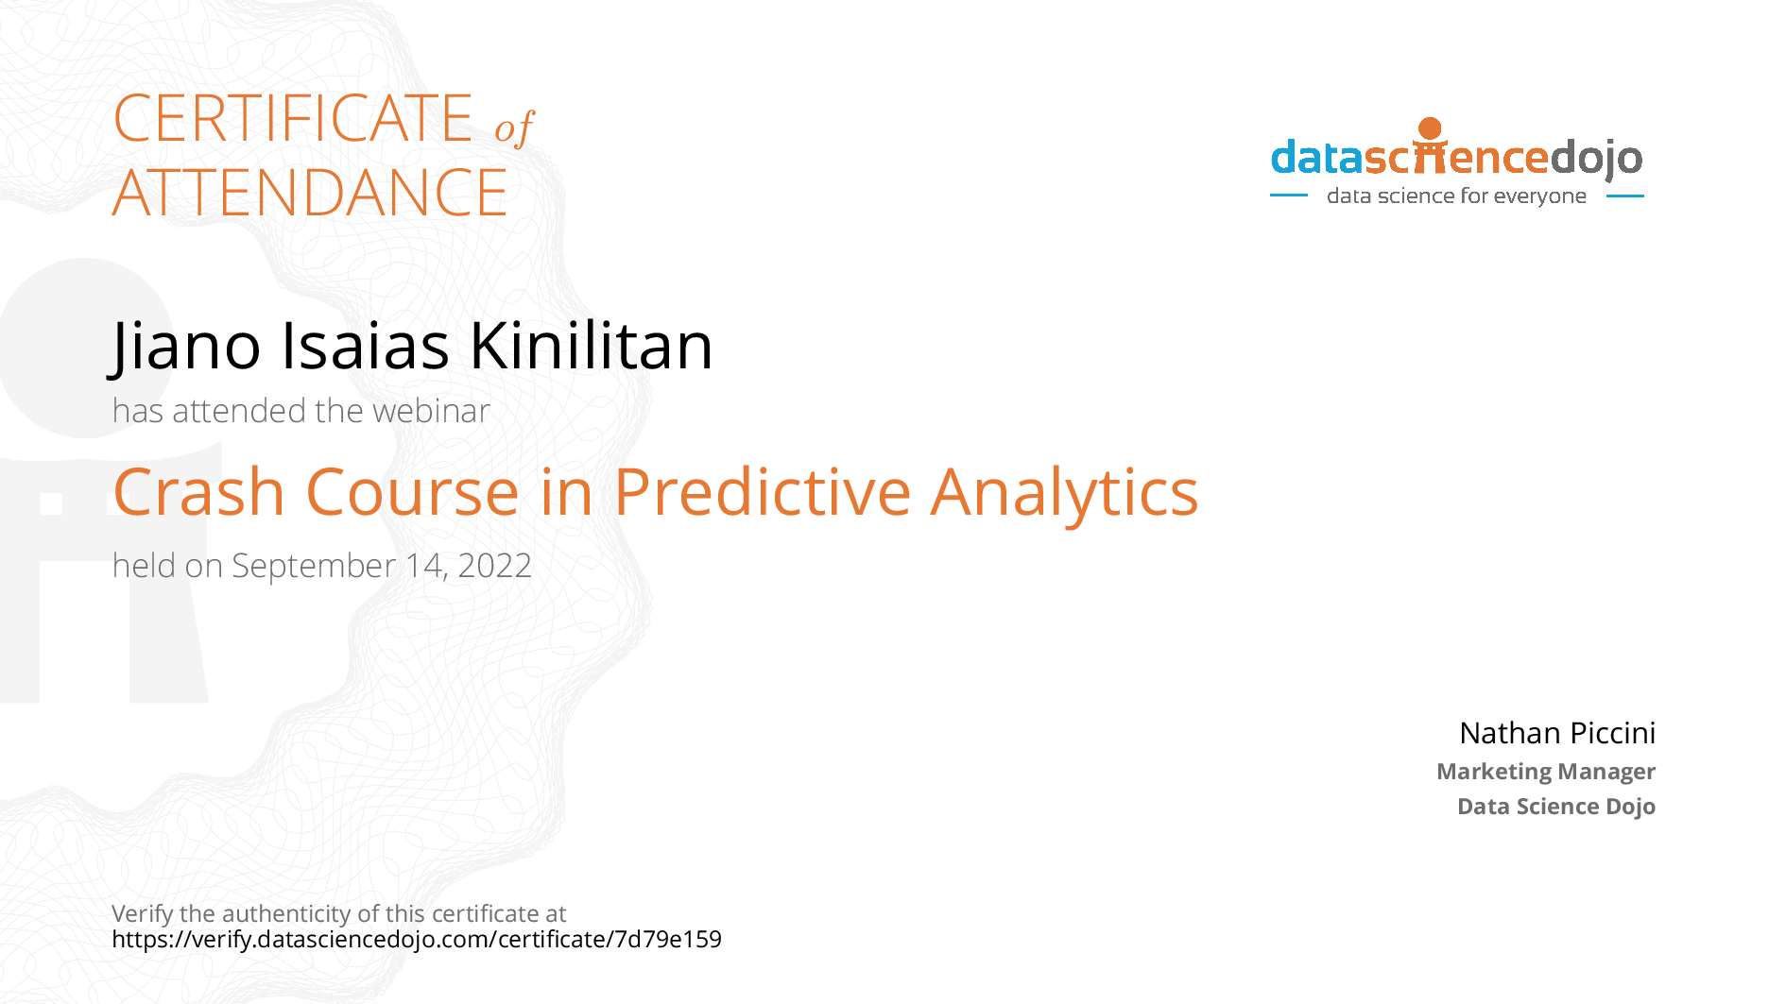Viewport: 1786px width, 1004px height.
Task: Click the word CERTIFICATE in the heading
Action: (x=293, y=119)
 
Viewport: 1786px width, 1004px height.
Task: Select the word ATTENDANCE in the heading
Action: (x=310, y=193)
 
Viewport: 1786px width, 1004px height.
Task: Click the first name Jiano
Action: (x=184, y=346)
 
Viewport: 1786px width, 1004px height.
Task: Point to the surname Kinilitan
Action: (x=592, y=345)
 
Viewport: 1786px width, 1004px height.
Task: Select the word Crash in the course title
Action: (x=198, y=492)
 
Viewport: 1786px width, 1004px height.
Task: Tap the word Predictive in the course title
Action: (x=763, y=492)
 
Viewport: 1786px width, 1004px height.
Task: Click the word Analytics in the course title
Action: (x=1064, y=494)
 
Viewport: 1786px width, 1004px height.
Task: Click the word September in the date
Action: (x=314, y=567)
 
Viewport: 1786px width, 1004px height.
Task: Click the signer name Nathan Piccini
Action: (x=1557, y=733)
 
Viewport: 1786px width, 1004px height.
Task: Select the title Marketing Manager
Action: (x=1546, y=772)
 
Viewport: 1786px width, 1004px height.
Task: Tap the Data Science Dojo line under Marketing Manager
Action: (x=1556, y=807)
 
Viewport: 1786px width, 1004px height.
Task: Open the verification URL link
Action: (x=417, y=940)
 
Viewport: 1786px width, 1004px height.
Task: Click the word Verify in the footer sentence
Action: (x=143, y=914)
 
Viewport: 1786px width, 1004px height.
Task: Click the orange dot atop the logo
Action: (x=1431, y=128)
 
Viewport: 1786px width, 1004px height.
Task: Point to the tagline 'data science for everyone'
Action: (x=1456, y=196)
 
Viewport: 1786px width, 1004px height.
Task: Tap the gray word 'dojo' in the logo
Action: (x=1597, y=159)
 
